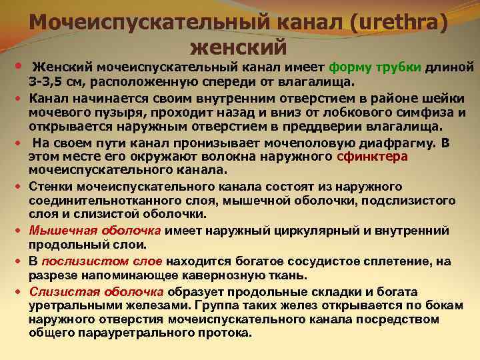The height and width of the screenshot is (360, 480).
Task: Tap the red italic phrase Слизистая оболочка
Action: pos(97,291)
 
